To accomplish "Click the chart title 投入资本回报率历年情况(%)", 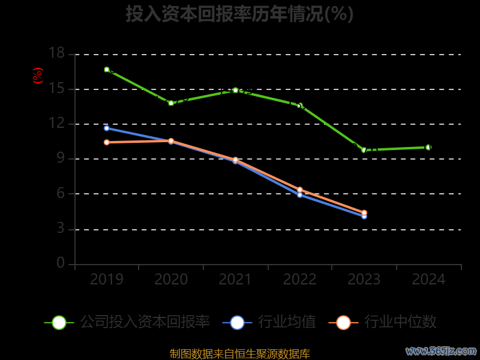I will (239, 14).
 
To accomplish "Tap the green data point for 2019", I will (107, 70).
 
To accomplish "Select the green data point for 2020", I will (171, 103).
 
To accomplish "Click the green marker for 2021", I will (235, 90).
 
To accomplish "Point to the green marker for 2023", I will (364, 150).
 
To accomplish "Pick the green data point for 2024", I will (428, 147).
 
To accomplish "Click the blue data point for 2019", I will (107, 128).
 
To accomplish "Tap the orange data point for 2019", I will (107, 142).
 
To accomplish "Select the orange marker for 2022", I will (300, 190).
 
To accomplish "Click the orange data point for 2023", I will (364, 212).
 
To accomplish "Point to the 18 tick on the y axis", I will (56, 53).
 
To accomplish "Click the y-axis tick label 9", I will (61, 158).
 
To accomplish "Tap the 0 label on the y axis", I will (61, 263).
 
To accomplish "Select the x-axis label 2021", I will (235, 280).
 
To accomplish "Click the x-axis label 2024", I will (428, 280).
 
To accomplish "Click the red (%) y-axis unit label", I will (38, 76).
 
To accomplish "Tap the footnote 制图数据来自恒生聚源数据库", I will (239, 353).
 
